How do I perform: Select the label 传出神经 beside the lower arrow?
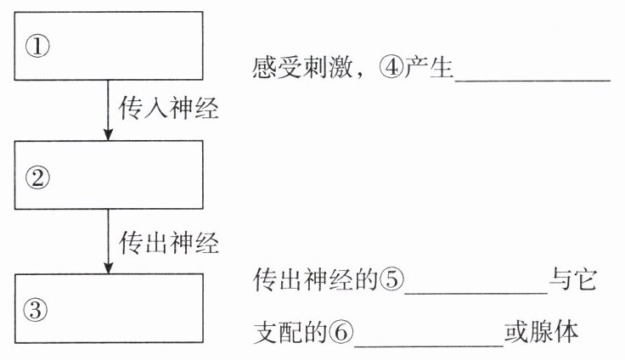(168, 243)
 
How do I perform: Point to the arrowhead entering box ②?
(107, 134)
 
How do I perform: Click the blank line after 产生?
(532, 78)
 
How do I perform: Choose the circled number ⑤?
(391, 280)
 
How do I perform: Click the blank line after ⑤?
(476, 290)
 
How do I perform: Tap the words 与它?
(576, 280)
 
